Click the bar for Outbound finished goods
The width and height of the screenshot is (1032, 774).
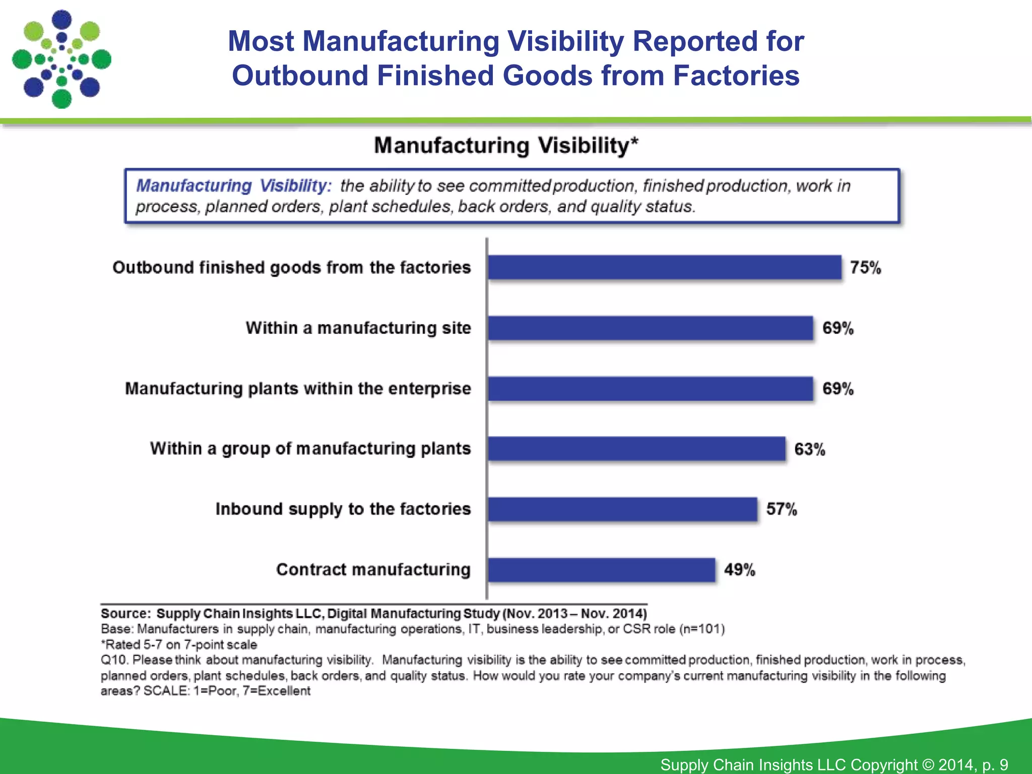click(664, 267)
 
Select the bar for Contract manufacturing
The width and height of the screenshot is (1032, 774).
click(601, 570)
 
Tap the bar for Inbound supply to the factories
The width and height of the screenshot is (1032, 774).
click(622, 509)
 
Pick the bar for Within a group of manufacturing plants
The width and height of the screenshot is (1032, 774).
click(636, 448)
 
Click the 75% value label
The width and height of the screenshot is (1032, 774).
click(865, 268)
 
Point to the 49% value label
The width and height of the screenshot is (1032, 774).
click(739, 570)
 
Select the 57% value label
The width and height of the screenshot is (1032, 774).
click(782, 509)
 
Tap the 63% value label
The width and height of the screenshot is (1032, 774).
click(809, 449)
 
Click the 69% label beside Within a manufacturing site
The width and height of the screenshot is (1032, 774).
click(837, 328)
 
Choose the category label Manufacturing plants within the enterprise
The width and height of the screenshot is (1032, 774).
click(298, 389)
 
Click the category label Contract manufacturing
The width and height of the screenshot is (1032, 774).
click(373, 569)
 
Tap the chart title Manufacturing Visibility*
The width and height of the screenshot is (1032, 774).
click(506, 146)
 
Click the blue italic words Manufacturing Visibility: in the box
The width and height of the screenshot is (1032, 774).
click(234, 185)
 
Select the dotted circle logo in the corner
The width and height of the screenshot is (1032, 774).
click(61, 59)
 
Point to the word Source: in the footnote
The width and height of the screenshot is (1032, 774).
click(125, 613)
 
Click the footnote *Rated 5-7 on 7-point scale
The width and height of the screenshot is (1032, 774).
click(179, 644)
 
